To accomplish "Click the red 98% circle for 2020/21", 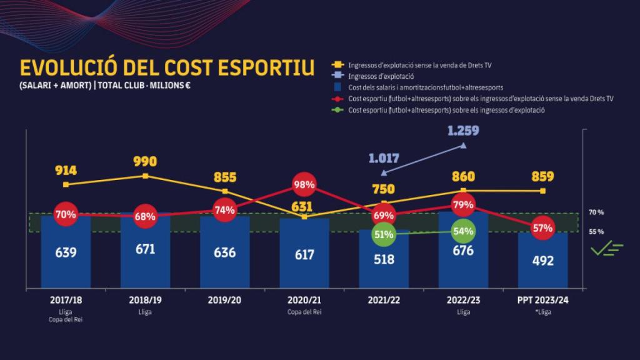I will coord(304,185).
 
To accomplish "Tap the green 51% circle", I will coord(383,234).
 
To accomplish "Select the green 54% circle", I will coord(462,231).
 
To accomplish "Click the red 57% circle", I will coord(542,228).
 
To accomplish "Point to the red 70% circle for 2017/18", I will coord(66,214).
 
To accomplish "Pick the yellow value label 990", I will coord(144,162).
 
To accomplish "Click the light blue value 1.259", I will coord(463,131).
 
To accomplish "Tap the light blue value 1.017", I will coord(384,159).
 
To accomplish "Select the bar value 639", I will coord(66,252).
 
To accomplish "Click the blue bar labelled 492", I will coord(542,260).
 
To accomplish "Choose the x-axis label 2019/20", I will coord(224,300).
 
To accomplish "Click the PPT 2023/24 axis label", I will coord(542,300).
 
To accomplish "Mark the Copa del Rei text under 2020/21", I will coord(304,311).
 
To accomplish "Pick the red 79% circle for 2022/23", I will coord(463,205).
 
